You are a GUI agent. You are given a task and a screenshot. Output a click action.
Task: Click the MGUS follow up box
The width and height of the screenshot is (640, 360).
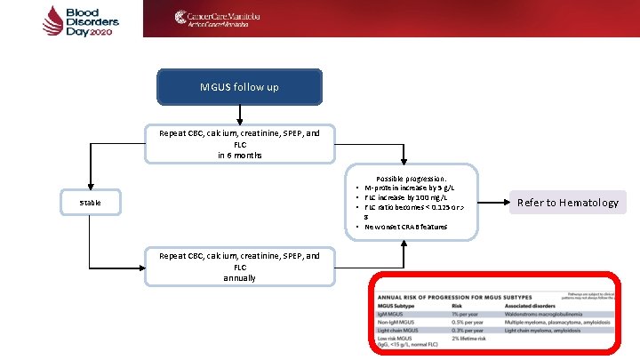tap(239, 87)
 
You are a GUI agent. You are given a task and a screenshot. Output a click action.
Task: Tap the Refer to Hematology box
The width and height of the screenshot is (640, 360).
tap(569, 203)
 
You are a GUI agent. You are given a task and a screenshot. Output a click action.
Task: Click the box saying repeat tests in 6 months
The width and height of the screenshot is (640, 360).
tap(239, 143)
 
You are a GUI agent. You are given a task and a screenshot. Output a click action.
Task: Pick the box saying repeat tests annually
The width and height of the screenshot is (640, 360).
tap(239, 266)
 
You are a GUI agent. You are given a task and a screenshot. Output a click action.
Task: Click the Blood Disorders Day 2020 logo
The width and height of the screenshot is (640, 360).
tap(70, 20)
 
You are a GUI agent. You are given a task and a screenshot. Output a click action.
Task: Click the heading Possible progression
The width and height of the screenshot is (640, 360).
tap(411, 178)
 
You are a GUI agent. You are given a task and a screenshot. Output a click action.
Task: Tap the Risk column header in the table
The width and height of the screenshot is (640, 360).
tap(458, 305)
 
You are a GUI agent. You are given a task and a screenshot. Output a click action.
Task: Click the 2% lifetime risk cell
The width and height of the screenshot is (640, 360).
tap(469, 339)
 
